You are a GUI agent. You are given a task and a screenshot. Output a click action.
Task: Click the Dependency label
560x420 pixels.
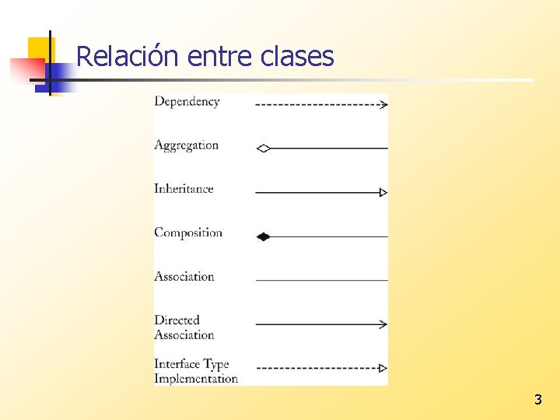187,102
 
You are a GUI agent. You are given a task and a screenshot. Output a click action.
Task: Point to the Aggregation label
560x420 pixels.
186,145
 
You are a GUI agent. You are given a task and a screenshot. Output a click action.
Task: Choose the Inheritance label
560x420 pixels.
184,189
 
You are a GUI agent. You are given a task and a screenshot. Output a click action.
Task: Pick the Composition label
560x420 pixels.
188,233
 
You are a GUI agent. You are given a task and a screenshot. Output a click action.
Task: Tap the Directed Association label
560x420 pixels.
184,327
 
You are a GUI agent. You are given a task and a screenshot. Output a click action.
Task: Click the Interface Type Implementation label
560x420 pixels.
195,371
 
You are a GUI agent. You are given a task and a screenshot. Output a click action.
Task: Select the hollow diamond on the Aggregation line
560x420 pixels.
263,148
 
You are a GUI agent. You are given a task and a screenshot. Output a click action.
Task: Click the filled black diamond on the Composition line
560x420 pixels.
263,236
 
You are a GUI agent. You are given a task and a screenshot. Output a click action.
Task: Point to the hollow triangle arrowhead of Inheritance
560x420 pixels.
383,192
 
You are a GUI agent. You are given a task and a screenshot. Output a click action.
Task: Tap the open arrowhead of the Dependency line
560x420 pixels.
383,104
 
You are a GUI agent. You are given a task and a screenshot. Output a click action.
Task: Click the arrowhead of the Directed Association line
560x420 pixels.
383,324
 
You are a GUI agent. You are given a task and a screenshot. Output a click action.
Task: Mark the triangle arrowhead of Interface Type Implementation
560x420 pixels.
383,368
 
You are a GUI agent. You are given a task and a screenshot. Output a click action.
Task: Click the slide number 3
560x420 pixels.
537,401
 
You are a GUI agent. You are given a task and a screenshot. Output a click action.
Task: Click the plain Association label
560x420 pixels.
184,276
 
